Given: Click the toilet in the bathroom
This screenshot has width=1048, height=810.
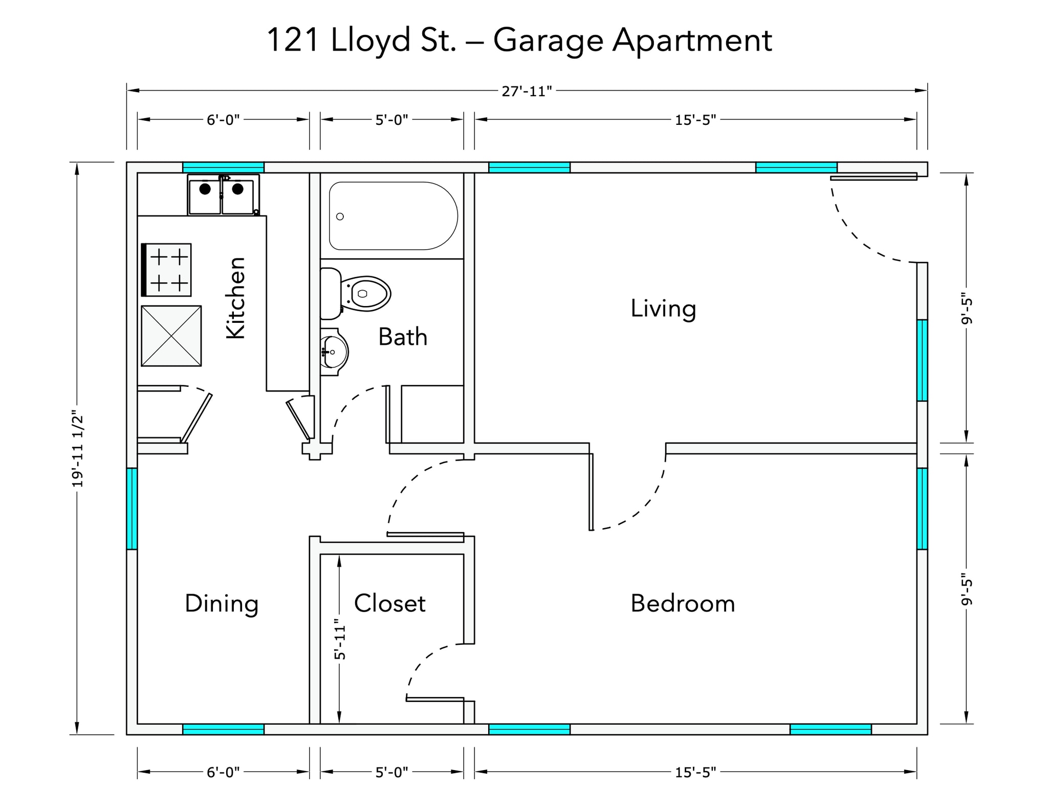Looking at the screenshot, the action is (x=356, y=294).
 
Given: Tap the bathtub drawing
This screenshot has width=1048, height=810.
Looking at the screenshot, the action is (x=393, y=216).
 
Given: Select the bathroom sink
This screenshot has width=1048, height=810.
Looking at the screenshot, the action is (x=334, y=352).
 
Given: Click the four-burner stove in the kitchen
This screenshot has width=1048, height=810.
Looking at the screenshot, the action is (x=166, y=270).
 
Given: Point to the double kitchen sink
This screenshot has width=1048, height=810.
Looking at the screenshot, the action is (x=223, y=194).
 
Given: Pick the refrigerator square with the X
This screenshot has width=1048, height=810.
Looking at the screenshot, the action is (x=171, y=336).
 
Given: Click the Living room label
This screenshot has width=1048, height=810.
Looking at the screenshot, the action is (x=663, y=309).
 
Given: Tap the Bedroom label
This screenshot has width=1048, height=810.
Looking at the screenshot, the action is (x=683, y=603).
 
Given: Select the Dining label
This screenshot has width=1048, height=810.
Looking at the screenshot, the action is (x=222, y=604).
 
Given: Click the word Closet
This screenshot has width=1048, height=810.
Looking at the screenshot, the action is (x=390, y=603).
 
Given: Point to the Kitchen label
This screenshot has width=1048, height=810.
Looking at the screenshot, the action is (x=236, y=298).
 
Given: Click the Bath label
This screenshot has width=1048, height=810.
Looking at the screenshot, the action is (x=403, y=337).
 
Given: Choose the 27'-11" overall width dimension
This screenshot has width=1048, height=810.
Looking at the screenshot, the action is (x=527, y=91).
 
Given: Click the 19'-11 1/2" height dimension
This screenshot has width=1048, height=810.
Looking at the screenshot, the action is (x=77, y=448).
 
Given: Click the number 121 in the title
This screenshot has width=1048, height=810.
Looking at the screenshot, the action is (x=295, y=41).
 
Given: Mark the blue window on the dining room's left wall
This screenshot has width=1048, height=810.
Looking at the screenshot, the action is (x=132, y=509).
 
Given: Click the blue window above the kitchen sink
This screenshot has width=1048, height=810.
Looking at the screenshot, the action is (x=224, y=167).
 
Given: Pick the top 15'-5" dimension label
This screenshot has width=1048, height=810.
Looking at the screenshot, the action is (x=695, y=120).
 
